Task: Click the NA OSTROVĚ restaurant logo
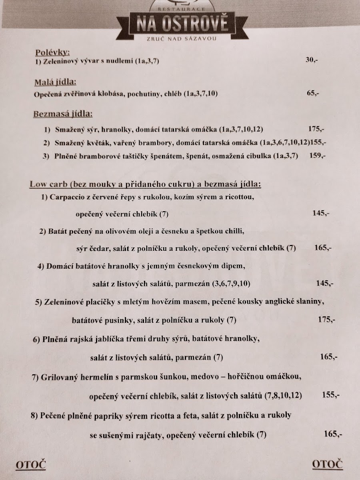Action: (182, 22)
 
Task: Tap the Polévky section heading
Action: (53, 52)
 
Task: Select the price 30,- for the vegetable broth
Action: (312, 60)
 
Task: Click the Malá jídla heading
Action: (55, 83)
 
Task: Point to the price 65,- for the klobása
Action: (313, 94)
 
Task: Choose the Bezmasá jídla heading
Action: (62, 114)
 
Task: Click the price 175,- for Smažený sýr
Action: (316, 129)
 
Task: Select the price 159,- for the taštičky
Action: (317, 156)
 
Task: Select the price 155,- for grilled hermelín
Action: (330, 395)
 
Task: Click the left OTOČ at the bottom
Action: (30, 465)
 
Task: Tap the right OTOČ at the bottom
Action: (327, 464)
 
